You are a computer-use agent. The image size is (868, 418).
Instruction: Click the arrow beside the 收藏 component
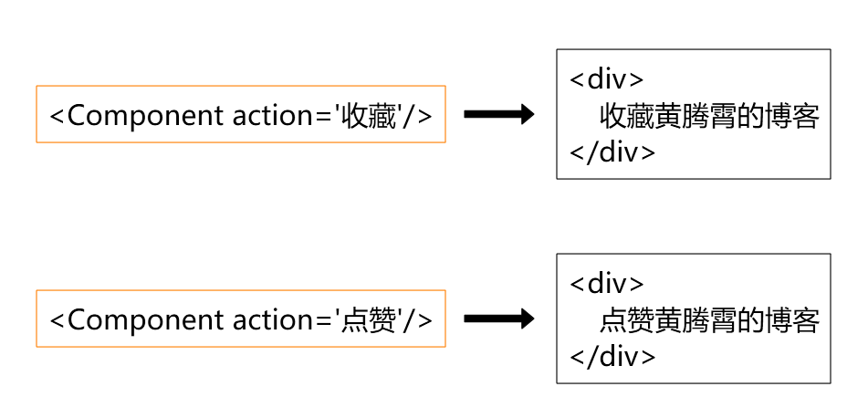[x=498, y=114]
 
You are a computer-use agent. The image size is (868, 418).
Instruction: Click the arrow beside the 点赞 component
[x=498, y=319]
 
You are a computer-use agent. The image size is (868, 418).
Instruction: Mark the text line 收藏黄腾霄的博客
[x=709, y=116]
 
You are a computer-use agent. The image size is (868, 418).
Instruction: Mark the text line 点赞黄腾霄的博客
[x=709, y=320]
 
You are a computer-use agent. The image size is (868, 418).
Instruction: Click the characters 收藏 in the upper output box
[x=627, y=116]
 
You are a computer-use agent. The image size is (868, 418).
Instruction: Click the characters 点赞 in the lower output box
[x=627, y=320]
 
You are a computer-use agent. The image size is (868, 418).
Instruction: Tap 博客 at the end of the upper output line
[x=792, y=116]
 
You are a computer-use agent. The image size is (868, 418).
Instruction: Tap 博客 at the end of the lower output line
[x=792, y=320]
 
